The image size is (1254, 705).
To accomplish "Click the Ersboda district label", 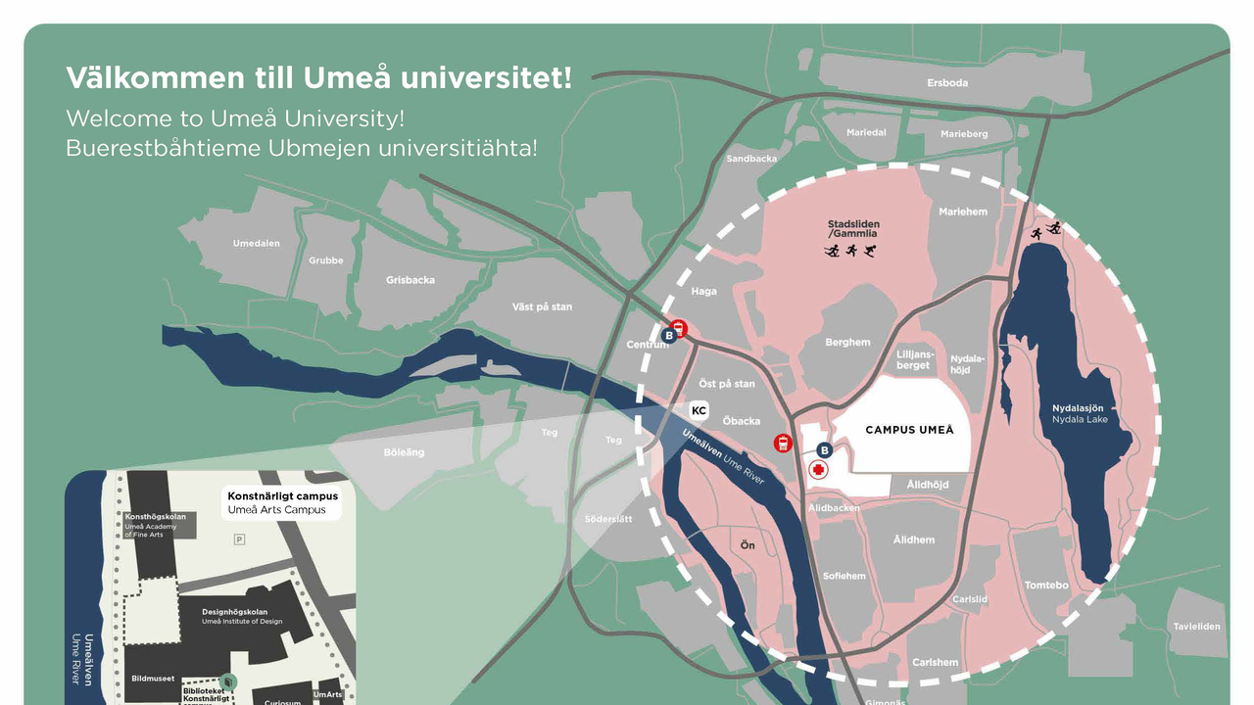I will pyautogui.click(x=947, y=83).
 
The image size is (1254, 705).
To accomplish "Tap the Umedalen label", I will pyautogui.click(x=257, y=244).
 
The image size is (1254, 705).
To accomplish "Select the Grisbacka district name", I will pyautogui.click(x=410, y=280).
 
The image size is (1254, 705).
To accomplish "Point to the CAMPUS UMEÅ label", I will pyautogui.click(x=909, y=430).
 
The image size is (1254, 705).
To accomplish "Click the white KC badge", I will pyautogui.click(x=699, y=410).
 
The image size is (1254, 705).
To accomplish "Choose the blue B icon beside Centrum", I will pyautogui.click(x=669, y=336).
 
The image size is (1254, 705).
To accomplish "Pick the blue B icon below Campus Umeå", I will pyautogui.click(x=824, y=450).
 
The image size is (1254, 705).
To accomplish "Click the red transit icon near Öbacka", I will pyautogui.click(x=783, y=443).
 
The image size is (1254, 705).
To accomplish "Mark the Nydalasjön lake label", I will pyautogui.click(x=1078, y=408).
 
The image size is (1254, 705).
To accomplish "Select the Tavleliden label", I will pyautogui.click(x=1197, y=627).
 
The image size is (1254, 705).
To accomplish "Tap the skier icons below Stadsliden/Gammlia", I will pyautogui.click(x=849, y=252).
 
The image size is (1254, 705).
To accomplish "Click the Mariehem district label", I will pyautogui.click(x=963, y=211).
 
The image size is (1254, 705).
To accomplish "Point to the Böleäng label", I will pyautogui.click(x=404, y=452).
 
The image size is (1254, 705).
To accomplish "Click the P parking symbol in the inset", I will pyautogui.click(x=239, y=540).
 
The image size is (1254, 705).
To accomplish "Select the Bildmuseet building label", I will pyautogui.click(x=153, y=678).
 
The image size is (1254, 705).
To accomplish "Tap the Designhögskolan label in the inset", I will pyautogui.click(x=235, y=612).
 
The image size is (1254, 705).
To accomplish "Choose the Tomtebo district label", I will pyautogui.click(x=1046, y=586).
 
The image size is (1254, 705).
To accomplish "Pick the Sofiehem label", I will pyautogui.click(x=844, y=576).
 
